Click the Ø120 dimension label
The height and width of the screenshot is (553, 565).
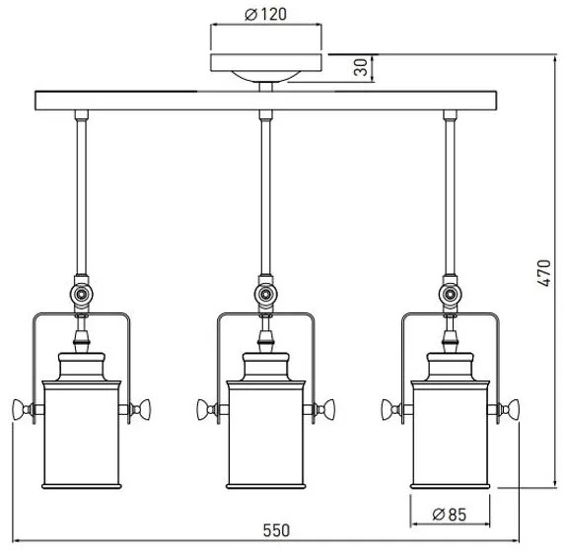267,15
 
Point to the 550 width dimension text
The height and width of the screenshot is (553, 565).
277,530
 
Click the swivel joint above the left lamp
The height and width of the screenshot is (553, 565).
79,294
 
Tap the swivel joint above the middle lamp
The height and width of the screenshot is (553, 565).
264,294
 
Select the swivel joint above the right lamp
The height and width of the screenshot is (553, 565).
451,294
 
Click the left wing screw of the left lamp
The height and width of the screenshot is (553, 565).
22,408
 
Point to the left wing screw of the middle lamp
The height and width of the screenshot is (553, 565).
206,408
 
